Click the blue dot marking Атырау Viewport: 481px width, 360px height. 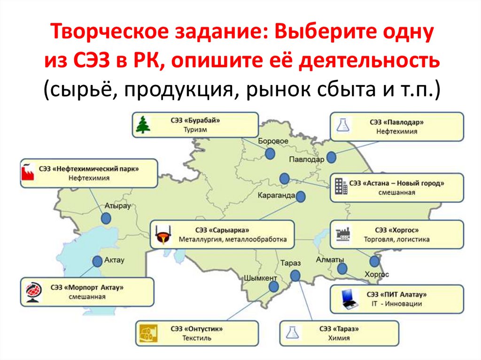[x=106, y=218]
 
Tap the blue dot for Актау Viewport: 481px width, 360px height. [x=98, y=261]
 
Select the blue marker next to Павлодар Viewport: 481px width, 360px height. [x=331, y=157]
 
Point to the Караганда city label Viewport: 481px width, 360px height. [x=276, y=195]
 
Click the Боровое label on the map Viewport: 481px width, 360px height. [x=273, y=141]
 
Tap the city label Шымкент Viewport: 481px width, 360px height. [x=260, y=277]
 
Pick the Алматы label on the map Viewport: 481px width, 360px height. [x=330, y=260]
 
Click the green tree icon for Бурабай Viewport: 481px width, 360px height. [x=142, y=124]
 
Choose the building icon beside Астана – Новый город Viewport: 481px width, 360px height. [x=341, y=187]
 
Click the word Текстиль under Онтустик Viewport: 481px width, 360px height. [x=198, y=337]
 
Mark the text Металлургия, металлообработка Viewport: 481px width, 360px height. [x=232, y=239]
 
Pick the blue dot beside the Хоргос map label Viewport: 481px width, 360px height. [x=374, y=261]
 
